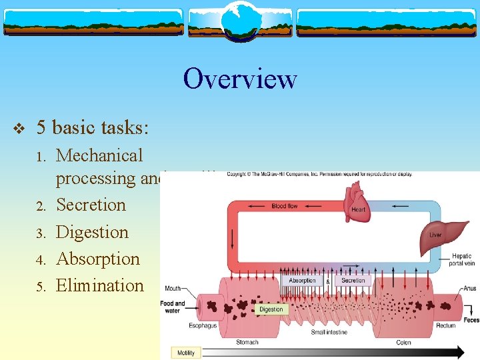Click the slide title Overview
click(240, 79)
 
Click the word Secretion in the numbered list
click(91, 205)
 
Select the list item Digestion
click(92, 232)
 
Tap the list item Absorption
click(98, 259)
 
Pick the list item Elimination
click(100, 285)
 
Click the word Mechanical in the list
click(99, 155)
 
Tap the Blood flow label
click(285, 207)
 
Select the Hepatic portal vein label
click(461, 259)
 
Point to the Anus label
click(469, 289)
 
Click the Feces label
click(471, 321)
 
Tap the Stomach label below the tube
click(247, 343)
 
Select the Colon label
click(404, 343)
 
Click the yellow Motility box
click(185, 353)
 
